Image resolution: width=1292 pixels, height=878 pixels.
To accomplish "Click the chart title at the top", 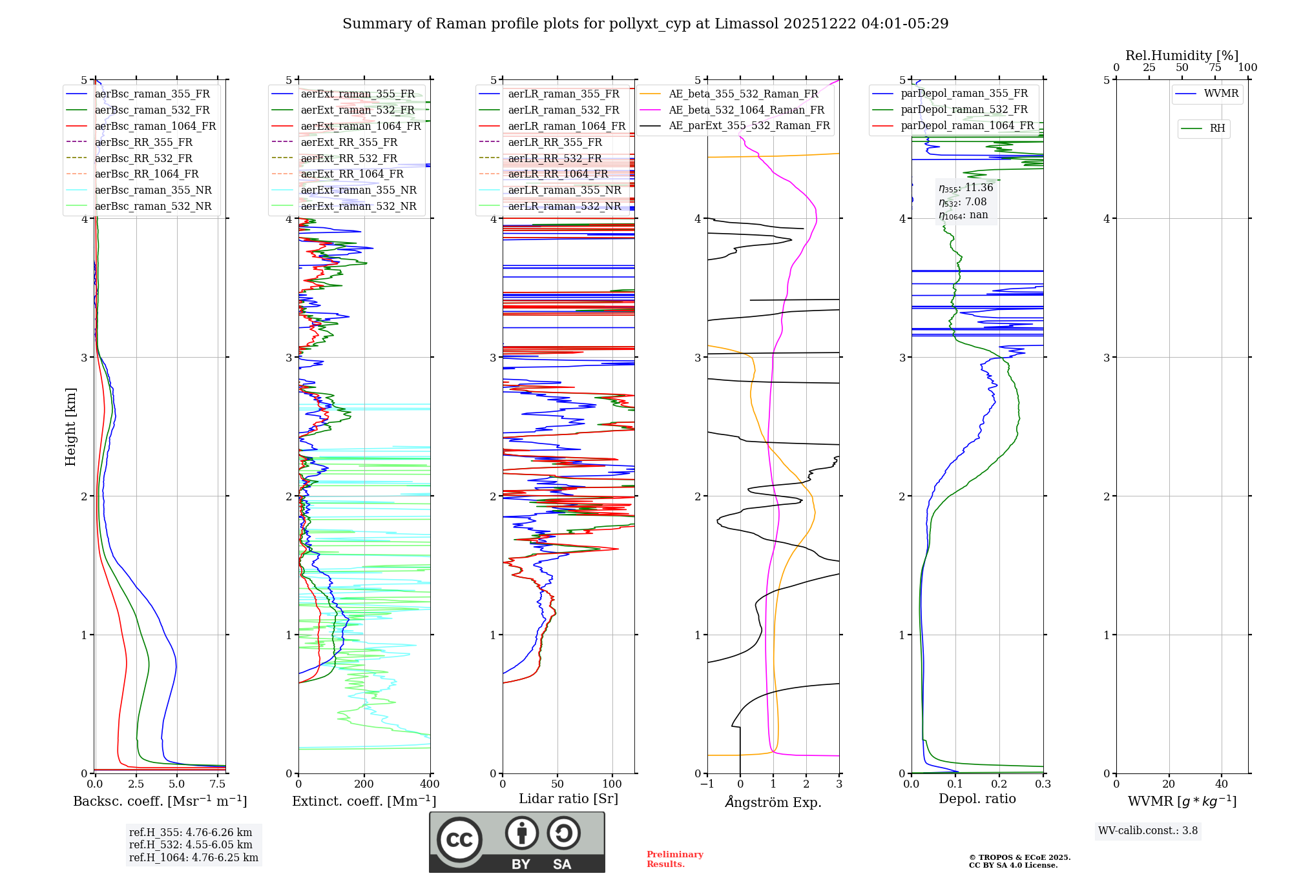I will (x=645, y=24).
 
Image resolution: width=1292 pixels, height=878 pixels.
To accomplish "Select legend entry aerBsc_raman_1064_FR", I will (x=155, y=127).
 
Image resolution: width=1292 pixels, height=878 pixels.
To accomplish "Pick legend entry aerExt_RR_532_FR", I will (x=349, y=158).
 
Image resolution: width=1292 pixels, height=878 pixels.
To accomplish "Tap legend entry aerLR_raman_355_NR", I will (x=564, y=190).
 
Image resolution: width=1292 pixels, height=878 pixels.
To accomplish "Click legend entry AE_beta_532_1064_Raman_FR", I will (x=746, y=110).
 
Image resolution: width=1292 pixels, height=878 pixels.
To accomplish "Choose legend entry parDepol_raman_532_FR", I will (x=964, y=110).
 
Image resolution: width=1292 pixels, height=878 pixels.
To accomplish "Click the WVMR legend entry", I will (x=1221, y=94).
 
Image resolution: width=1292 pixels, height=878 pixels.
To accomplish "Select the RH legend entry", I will (x=1217, y=128).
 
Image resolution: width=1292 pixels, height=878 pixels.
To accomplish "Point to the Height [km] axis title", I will (x=70, y=427).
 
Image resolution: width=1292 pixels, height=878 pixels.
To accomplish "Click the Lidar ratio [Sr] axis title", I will (x=568, y=799).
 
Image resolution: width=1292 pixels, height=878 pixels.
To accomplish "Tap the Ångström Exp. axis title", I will (x=773, y=802).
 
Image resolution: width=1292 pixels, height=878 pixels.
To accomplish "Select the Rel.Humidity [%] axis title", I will (x=1182, y=56).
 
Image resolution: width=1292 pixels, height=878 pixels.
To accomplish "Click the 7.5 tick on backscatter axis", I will (x=218, y=784).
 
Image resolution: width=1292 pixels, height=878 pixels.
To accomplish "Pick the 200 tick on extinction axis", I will (x=364, y=784).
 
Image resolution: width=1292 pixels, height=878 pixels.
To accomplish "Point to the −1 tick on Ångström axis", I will (x=707, y=784).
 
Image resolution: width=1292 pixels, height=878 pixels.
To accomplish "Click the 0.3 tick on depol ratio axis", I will (x=1043, y=784).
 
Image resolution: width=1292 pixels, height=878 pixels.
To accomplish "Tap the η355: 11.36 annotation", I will (x=966, y=188).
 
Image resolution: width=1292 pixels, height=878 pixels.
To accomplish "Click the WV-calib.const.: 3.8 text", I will (x=1148, y=831).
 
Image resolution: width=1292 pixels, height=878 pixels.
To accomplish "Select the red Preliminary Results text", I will (x=674, y=859).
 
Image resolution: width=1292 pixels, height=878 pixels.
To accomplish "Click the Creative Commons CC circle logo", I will (x=459, y=839).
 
